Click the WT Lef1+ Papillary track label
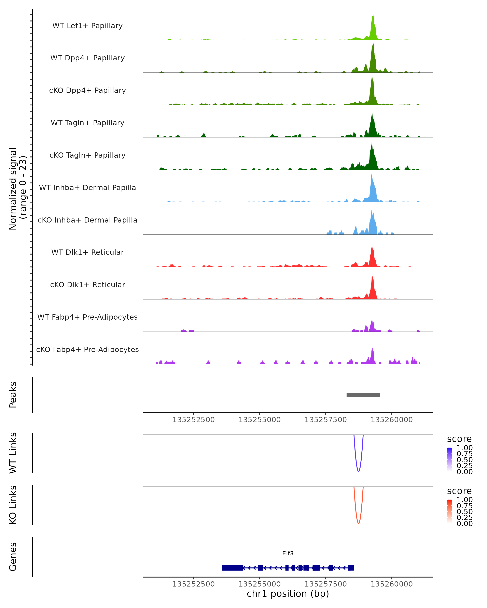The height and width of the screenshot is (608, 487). point(87,26)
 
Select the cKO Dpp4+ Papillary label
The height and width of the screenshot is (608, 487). point(87,90)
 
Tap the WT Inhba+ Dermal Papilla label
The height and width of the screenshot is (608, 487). point(87,187)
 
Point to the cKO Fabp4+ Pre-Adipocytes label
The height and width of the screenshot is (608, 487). point(87,349)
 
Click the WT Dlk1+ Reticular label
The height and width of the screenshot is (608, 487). point(87,252)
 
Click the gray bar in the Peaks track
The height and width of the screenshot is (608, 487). point(363,395)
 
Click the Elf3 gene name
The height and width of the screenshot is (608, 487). point(288,553)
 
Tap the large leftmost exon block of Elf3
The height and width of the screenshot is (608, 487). point(232,568)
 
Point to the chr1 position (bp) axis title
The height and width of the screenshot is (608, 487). point(288,594)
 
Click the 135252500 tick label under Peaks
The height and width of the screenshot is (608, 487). point(193,420)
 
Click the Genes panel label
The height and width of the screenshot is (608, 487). point(13,557)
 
